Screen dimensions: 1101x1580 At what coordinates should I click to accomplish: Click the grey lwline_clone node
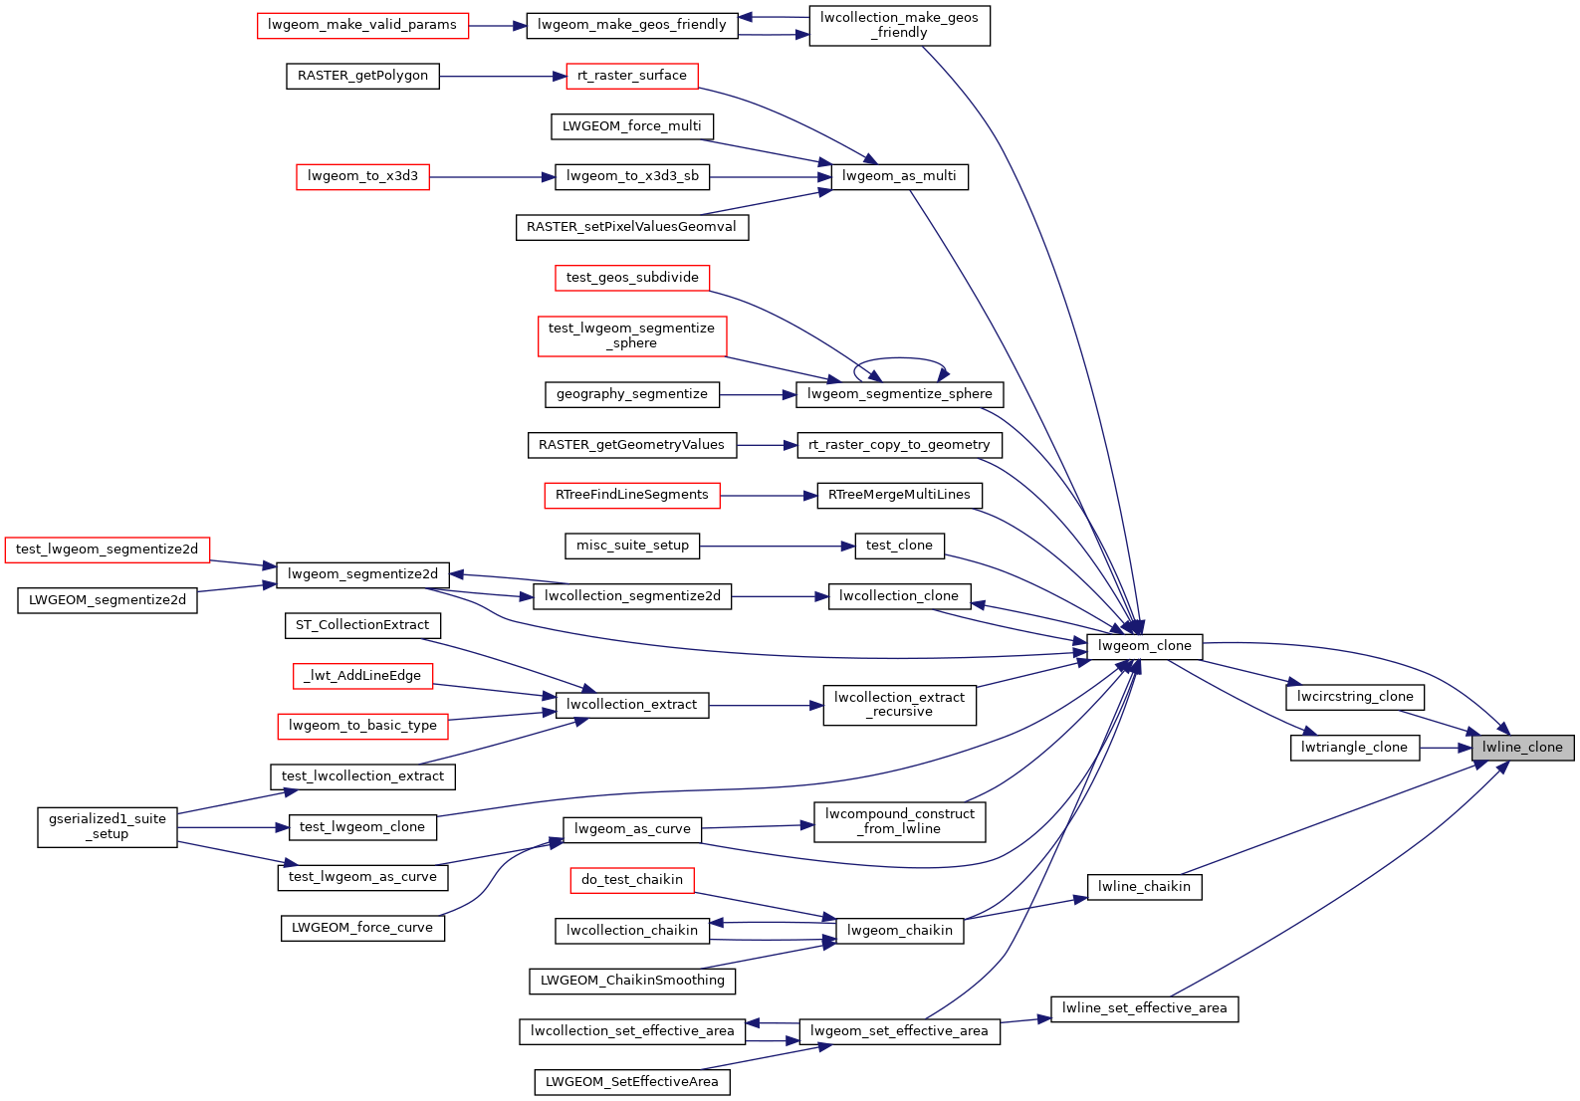tap(1522, 748)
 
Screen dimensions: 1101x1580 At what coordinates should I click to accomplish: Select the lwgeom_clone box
tap(1144, 646)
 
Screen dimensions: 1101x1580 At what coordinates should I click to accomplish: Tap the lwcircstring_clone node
tap(1354, 697)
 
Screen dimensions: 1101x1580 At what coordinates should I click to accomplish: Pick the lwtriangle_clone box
tap(1354, 748)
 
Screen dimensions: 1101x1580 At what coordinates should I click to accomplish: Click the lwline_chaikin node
tap(1144, 887)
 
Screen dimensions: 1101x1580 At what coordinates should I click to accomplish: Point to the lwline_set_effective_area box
tap(1144, 1008)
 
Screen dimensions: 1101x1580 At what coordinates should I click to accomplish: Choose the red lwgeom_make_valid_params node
tap(362, 25)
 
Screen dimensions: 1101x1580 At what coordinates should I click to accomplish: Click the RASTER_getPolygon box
tap(362, 76)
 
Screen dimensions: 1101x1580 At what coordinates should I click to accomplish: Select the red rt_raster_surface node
tap(632, 76)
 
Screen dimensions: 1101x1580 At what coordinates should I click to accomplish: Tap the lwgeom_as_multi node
tap(899, 176)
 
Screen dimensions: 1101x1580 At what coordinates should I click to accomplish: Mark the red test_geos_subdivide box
tap(632, 278)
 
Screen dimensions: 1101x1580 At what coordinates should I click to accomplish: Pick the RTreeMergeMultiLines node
tap(899, 495)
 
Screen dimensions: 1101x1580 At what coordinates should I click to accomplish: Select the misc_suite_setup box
tap(632, 546)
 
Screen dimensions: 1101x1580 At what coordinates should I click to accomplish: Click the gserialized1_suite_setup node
tap(108, 826)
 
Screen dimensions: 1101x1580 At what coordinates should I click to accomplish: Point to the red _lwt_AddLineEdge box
tap(362, 676)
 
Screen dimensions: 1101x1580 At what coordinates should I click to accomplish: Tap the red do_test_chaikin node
tap(632, 880)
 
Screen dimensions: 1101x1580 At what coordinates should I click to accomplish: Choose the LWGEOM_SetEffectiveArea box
tap(632, 1082)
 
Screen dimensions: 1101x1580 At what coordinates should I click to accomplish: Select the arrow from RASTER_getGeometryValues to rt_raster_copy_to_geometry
tap(767, 445)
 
